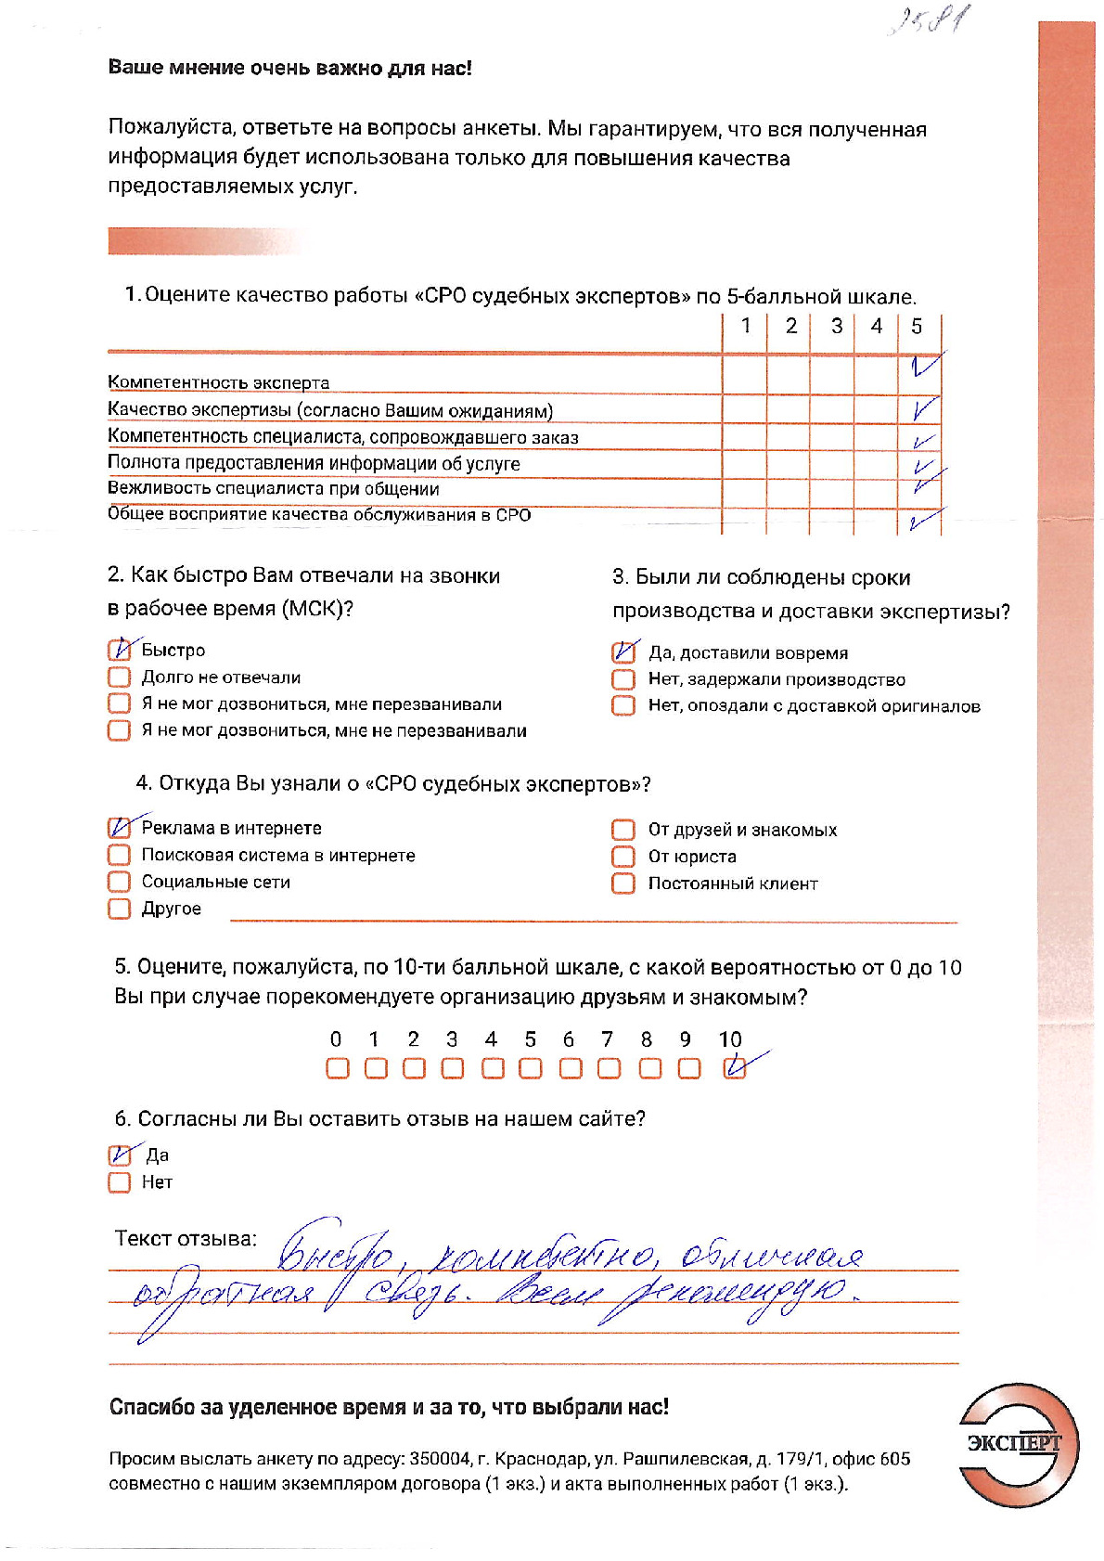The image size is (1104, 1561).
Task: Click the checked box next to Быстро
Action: (x=120, y=650)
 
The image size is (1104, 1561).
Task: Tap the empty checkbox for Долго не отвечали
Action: (x=120, y=677)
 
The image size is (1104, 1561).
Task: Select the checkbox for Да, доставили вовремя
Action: (x=623, y=652)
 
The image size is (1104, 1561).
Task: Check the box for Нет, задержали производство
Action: (x=623, y=679)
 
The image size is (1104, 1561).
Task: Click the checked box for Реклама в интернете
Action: (x=120, y=828)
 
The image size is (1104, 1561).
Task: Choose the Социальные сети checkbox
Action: (x=120, y=881)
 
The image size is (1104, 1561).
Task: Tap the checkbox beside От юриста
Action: (x=623, y=856)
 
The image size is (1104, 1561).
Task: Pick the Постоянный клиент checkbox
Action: (x=623, y=883)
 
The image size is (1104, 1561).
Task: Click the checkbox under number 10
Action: (x=734, y=1068)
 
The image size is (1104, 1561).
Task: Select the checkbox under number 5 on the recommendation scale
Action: (x=530, y=1068)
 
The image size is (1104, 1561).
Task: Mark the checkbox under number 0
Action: (x=338, y=1068)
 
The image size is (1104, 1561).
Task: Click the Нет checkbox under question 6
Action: (x=120, y=1182)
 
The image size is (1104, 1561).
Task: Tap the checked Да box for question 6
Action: (x=120, y=1155)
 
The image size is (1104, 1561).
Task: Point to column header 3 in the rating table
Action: (x=836, y=326)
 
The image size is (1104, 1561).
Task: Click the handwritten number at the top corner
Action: (x=929, y=20)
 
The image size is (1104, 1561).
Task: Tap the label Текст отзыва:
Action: (x=186, y=1238)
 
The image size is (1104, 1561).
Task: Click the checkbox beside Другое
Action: (x=120, y=908)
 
